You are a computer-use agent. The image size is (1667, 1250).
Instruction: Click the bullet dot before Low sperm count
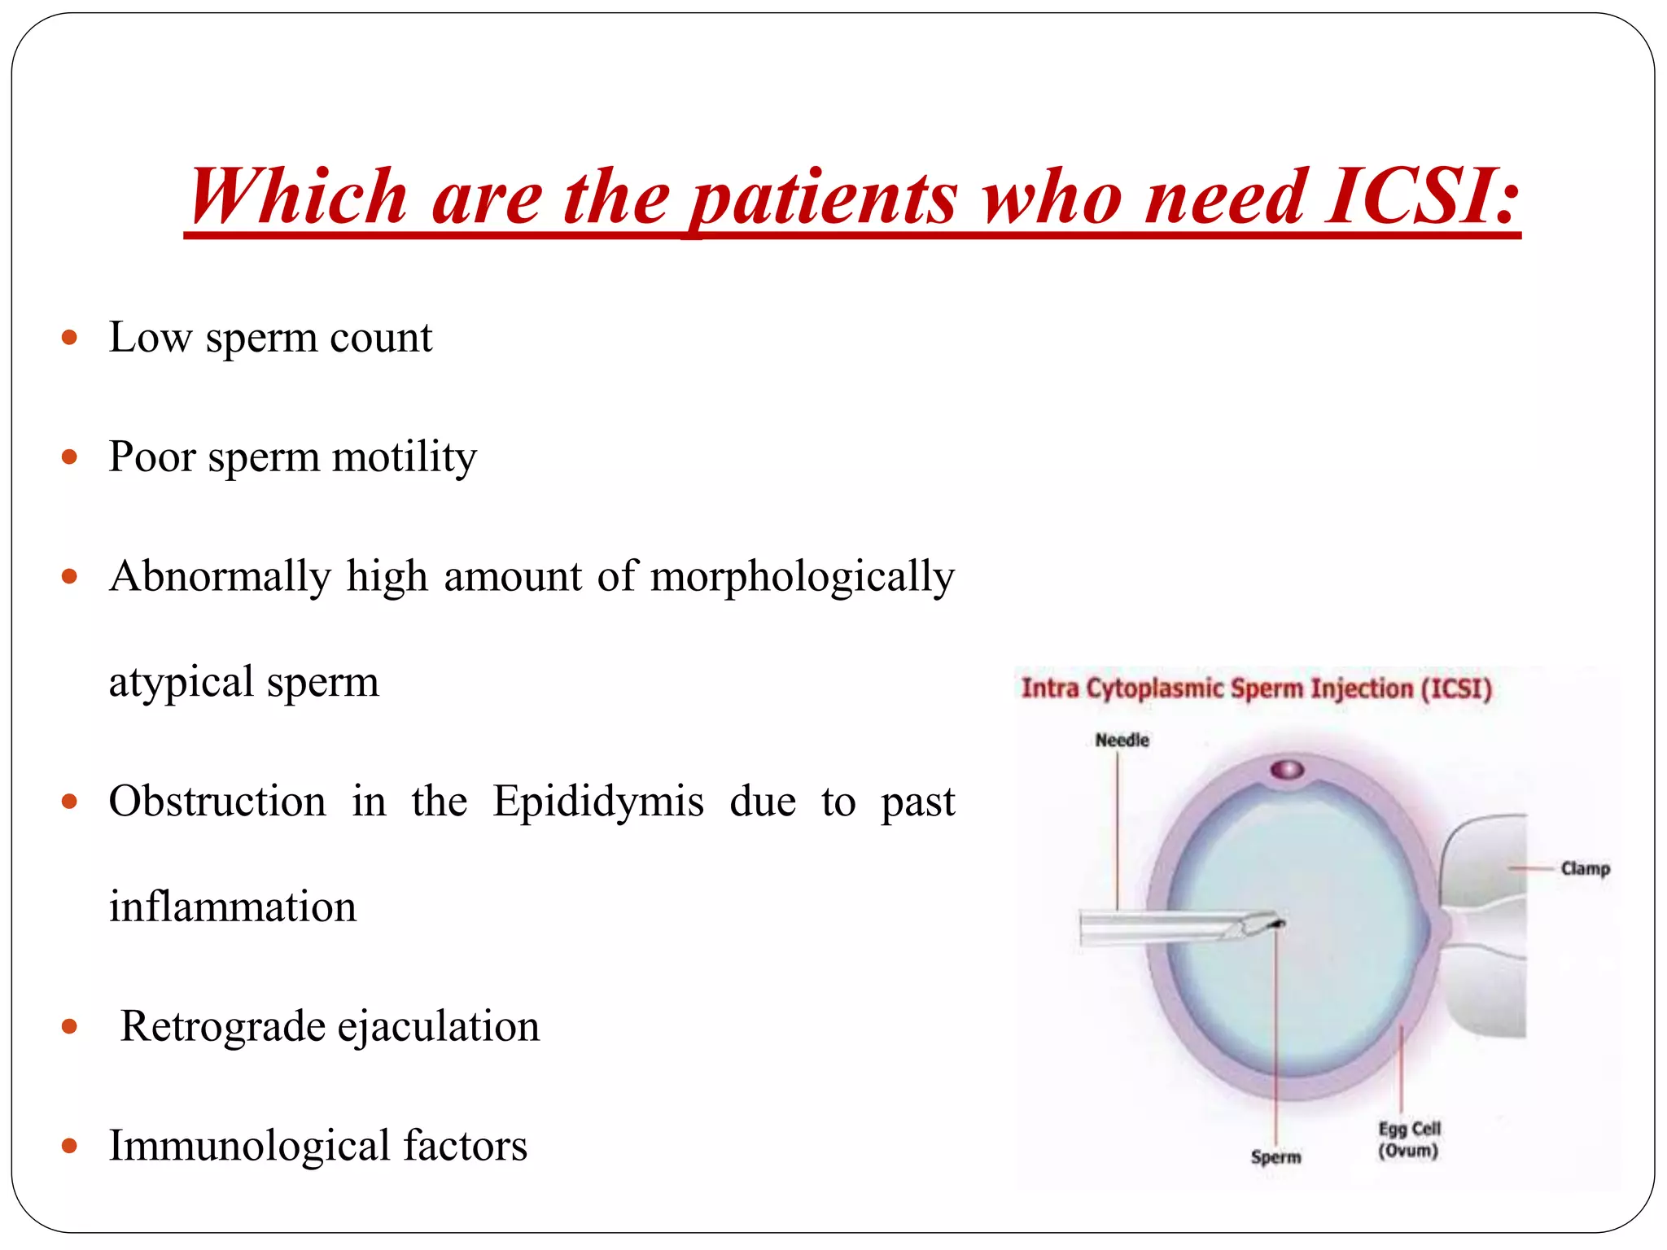point(69,337)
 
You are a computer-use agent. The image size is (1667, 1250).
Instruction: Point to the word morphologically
point(803,576)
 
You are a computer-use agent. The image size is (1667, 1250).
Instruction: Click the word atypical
point(181,682)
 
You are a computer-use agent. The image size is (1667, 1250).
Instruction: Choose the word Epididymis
point(598,801)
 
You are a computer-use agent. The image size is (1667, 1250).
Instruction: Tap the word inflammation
point(233,907)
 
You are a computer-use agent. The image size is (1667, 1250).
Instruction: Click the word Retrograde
point(222,1025)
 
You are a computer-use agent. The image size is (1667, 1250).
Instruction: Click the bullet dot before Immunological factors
point(69,1146)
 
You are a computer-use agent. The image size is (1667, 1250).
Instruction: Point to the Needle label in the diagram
point(1122,740)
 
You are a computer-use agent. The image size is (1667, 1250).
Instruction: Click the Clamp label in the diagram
point(1585,868)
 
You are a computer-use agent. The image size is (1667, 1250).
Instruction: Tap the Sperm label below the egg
point(1275,1156)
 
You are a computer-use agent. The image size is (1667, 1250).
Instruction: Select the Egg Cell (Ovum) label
point(1409,1139)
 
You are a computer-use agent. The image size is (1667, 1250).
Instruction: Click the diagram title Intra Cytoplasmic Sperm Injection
point(1256,688)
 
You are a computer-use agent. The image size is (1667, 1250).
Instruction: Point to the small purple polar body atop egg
point(1288,769)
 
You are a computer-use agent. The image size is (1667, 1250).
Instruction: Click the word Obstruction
point(217,801)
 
